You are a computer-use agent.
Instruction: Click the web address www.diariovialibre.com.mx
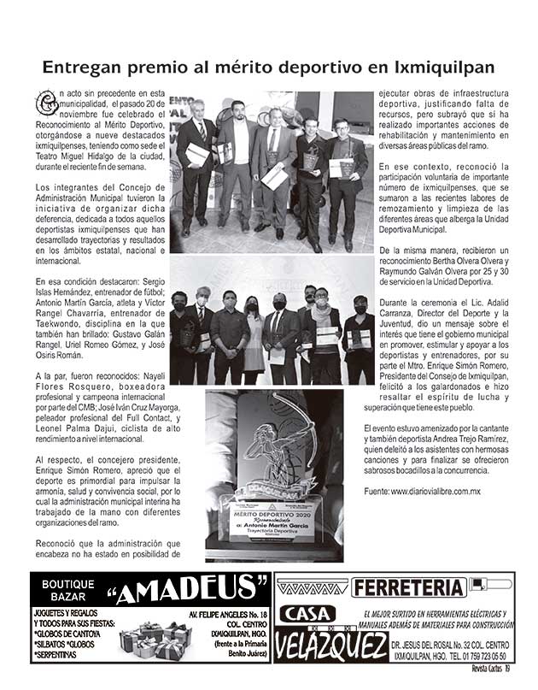pyautogui.click(x=435, y=492)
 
